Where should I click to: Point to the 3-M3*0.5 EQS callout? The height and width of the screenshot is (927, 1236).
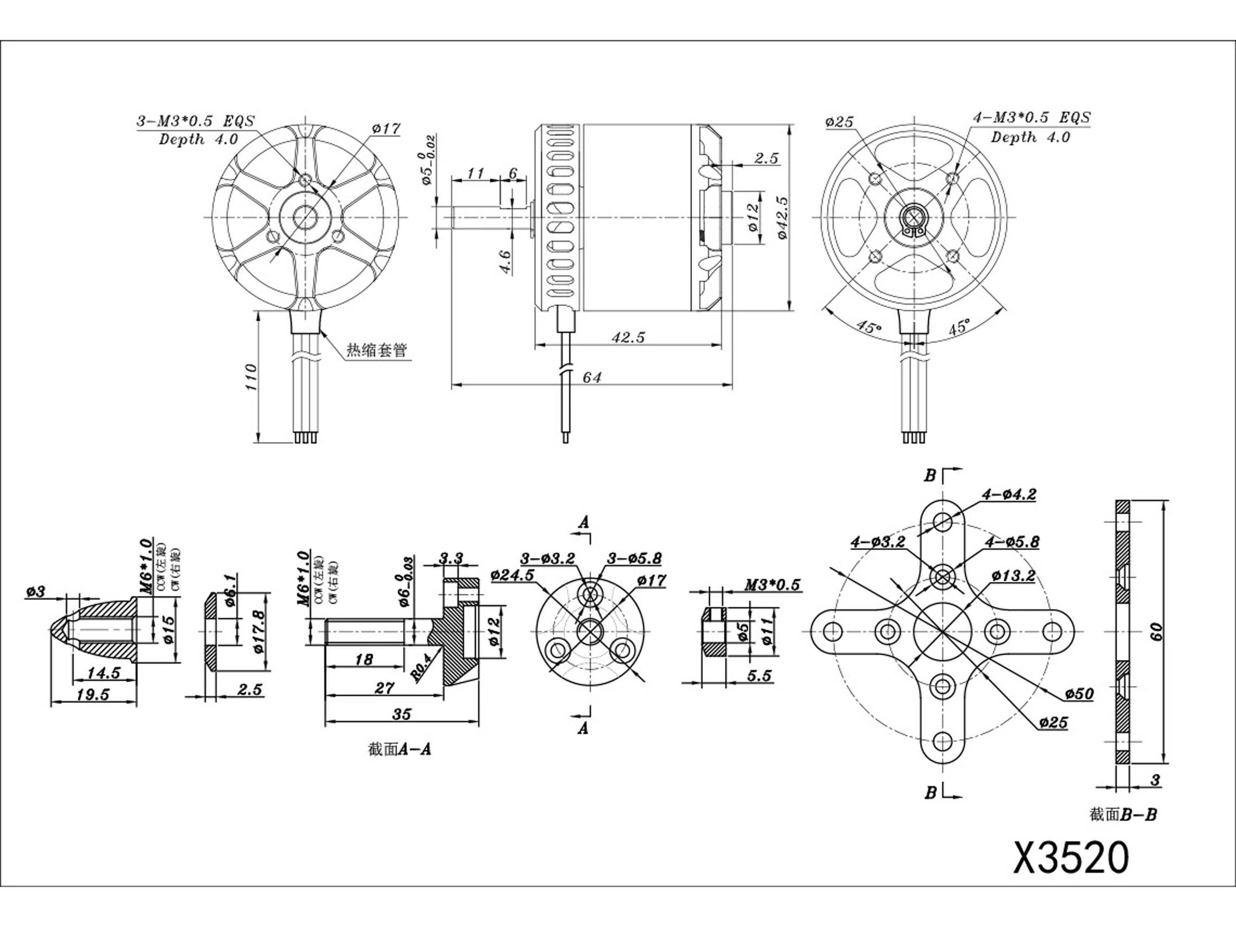pos(196,121)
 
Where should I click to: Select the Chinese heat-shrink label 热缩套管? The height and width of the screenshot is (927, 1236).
pos(377,350)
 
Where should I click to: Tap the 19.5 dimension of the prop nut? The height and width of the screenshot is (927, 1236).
pos(93,695)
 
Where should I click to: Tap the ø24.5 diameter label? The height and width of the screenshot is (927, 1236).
pos(513,575)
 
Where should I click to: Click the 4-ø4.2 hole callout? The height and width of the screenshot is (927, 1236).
pos(1008,494)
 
